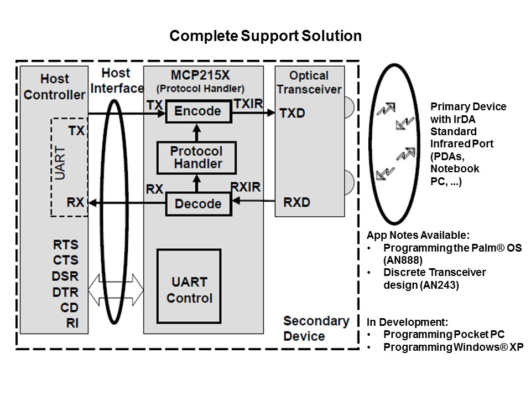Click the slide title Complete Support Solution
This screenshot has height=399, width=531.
coord(265,36)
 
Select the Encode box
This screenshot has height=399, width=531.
coord(197,111)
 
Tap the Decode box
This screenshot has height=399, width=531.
coord(197,203)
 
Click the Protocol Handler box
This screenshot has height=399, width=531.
coord(196,157)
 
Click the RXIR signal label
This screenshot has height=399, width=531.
coord(244,188)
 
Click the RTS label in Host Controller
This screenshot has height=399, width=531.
coord(66,244)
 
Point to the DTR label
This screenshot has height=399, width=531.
coord(66,291)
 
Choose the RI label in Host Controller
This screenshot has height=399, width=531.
coord(71,323)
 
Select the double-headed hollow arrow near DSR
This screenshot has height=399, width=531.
coord(116,291)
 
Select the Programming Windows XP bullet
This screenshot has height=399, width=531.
coord(452,347)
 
